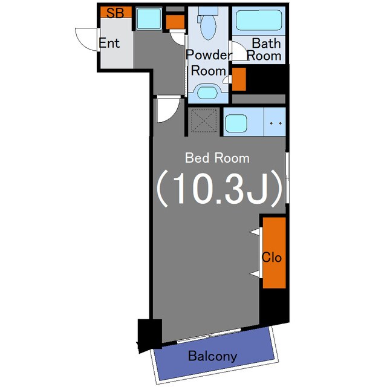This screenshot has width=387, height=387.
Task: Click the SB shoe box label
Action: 115,13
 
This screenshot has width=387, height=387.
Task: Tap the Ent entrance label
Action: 109,43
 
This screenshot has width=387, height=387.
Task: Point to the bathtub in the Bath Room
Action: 259,20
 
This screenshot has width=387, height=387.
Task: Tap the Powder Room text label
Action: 209,63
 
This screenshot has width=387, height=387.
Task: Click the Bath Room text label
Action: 265,50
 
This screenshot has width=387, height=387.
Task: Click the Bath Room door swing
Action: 239,51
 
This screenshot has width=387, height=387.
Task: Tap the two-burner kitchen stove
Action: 275,122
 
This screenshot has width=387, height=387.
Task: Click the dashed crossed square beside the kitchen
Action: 204,121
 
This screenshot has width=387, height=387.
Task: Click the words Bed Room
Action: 217,158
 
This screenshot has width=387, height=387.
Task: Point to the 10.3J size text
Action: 219,189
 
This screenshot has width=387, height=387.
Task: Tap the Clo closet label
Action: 272,258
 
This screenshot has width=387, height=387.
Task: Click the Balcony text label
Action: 212,356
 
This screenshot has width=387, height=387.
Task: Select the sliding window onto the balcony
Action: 209,335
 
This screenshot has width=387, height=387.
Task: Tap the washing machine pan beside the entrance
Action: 149,19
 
